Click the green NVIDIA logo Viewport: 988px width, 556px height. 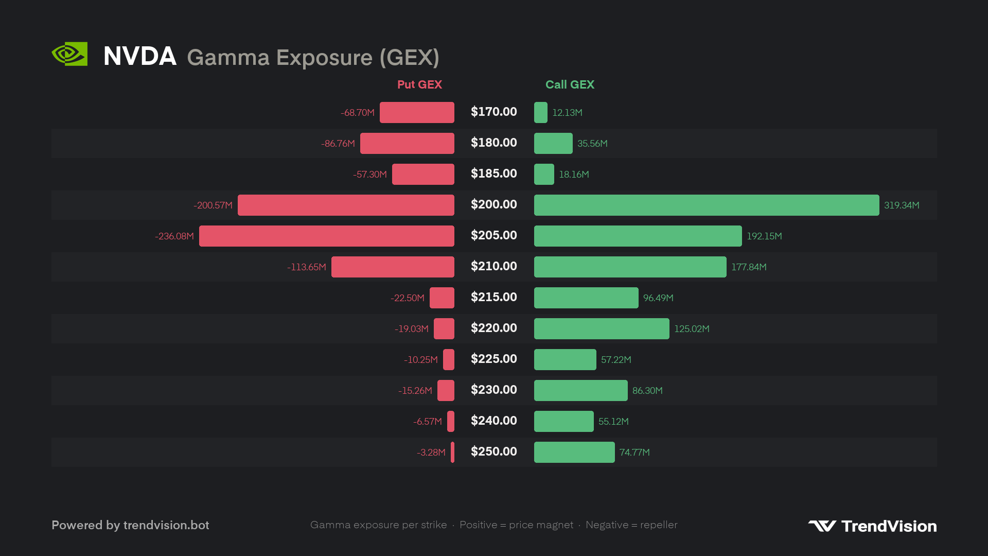point(69,54)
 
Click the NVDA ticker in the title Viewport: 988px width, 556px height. point(140,56)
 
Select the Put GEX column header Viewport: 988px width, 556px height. point(419,84)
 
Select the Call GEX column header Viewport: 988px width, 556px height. point(570,84)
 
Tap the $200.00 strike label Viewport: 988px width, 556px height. point(494,204)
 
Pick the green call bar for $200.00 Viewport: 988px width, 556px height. point(707,205)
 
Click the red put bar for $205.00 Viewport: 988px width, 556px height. point(327,236)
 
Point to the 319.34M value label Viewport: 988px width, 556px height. point(902,205)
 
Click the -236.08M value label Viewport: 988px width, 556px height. point(174,236)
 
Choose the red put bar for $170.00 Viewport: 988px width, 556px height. point(417,112)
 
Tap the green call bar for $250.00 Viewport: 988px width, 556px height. point(574,452)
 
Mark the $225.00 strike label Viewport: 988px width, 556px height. point(494,359)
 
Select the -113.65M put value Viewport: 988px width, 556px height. point(307,267)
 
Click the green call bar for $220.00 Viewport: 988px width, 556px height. point(602,328)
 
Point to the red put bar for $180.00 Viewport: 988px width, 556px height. point(407,143)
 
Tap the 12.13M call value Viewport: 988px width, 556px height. point(567,113)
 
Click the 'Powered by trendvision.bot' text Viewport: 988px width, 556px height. point(130,525)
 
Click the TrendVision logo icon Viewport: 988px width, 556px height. point(822,526)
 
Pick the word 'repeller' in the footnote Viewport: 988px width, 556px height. point(659,525)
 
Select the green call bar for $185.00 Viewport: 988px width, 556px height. point(544,174)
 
